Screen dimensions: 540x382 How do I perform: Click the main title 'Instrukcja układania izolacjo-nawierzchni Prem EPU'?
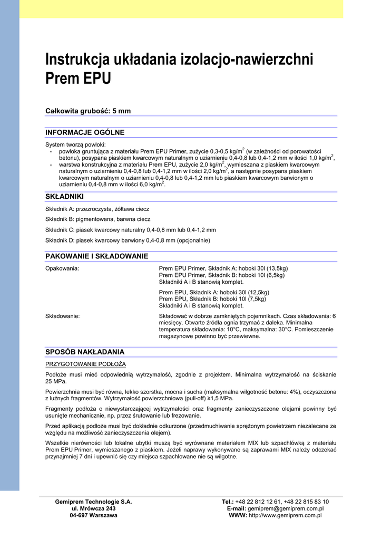179,69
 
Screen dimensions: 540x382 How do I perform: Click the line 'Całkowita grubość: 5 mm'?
88,111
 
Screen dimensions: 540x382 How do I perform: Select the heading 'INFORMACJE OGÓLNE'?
85,132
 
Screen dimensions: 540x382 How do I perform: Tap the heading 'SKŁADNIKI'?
65,197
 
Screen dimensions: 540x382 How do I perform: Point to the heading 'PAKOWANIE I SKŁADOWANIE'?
97,256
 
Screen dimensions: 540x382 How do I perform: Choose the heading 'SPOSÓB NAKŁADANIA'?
85,352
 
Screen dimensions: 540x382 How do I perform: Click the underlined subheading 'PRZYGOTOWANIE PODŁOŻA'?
85,364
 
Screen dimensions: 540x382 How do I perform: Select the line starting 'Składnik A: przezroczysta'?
97,209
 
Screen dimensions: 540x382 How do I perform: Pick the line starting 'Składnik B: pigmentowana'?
97,219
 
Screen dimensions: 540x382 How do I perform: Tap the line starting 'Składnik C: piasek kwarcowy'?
131,230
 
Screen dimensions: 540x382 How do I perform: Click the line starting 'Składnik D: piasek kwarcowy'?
128,240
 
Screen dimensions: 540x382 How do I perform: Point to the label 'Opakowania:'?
62,268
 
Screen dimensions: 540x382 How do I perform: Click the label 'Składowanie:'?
63,316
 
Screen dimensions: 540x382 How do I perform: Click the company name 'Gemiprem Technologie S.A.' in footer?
94,502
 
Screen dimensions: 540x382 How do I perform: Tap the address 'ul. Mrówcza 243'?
94,508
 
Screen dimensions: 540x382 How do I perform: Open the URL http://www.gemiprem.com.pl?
285,515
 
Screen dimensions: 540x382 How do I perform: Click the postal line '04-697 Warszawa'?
94,515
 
